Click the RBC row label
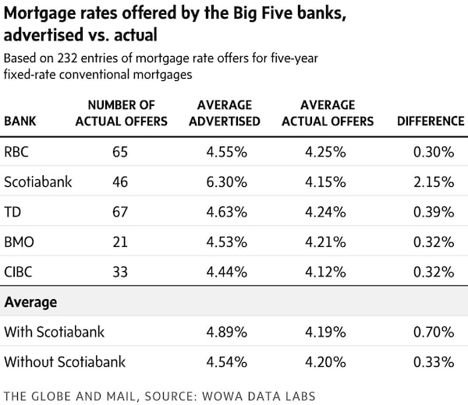coord(18,151)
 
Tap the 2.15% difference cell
coord(434,181)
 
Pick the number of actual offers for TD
coord(120,211)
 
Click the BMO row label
coord(20,241)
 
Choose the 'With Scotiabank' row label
coord(55,332)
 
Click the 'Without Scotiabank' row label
coord(65,362)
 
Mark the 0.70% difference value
coord(434,332)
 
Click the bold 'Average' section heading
coord(31,301)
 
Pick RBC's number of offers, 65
coord(120,151)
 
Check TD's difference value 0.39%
coord(434,211)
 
